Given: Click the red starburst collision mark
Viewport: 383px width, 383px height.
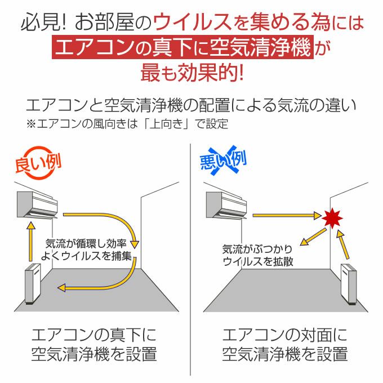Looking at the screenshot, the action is coord(332,218).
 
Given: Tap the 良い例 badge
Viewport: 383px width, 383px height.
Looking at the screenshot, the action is coord(38,163).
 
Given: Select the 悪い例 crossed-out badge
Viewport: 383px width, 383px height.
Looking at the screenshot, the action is coord(223,161).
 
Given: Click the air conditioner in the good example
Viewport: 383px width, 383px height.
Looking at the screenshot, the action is coord(37,204).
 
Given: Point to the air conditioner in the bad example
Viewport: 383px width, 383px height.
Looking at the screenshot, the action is coord(226,205).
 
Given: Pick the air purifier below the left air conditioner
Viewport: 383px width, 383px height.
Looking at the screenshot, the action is coord(33,283).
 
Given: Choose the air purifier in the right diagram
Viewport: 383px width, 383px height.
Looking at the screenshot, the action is coord(349,284).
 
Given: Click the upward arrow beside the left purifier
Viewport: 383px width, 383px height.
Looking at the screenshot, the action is coord(30,241).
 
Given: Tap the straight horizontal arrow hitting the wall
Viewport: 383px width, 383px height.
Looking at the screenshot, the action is coord(287,215).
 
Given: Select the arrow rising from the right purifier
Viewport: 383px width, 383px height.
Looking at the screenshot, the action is coord(343,244).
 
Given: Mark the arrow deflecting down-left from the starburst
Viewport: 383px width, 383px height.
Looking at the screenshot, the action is coord(313,237).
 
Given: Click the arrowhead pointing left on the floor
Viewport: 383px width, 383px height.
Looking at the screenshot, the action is coord(61,288).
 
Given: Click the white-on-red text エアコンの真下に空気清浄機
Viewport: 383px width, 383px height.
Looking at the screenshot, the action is coord(182,47).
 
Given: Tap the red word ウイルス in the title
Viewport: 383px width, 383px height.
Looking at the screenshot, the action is coord(192,22).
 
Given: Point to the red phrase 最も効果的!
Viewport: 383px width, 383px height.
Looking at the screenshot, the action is coord(192,72).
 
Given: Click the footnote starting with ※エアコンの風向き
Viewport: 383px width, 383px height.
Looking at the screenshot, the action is coord(127,124).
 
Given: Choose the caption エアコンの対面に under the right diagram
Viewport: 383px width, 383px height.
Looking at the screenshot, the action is coord(285,335).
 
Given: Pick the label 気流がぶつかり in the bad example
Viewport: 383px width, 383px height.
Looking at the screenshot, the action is coord(257,250).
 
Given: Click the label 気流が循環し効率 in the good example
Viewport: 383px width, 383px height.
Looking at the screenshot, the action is coord(86,243).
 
